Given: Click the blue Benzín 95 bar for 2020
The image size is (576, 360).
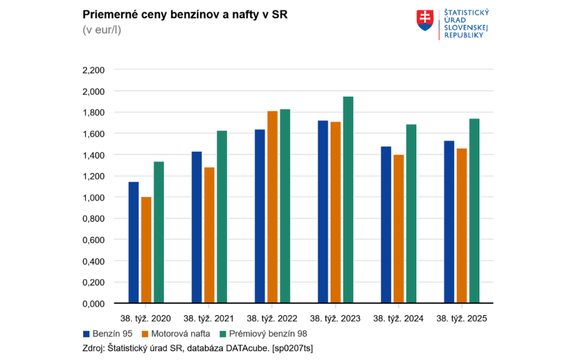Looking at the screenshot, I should tap(133, 242).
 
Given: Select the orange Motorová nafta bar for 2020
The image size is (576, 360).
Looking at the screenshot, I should tap(146, 250).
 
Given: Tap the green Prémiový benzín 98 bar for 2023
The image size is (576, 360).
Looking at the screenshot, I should tap(348, 200).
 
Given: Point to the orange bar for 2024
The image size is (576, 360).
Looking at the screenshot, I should tap(398, 229).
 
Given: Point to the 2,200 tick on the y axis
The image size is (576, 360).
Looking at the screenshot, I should tap(93, 70).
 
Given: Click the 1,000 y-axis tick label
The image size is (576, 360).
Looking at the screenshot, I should tap(93, 197).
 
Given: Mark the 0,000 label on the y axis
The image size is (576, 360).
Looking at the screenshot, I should tap(93, 304).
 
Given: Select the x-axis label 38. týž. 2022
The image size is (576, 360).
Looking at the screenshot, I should tap(272, 318).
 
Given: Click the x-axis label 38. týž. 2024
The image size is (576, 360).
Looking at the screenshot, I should tap(398, 318).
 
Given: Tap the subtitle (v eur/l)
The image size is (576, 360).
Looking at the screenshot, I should tap(102, 30).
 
